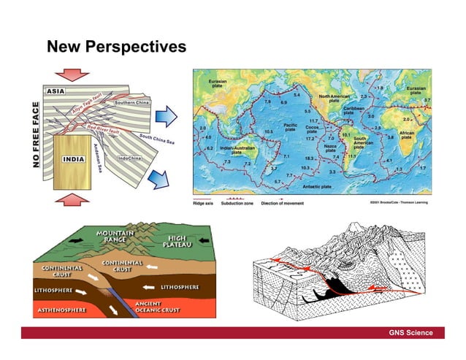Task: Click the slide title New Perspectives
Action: (x=116, y=48)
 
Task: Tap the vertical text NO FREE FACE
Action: (x=36, y=135)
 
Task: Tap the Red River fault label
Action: (x=104, y=129)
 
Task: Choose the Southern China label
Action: (x=130, y=103)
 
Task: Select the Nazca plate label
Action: (x=331, y=149)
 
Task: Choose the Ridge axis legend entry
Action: (x=203, y=204)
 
